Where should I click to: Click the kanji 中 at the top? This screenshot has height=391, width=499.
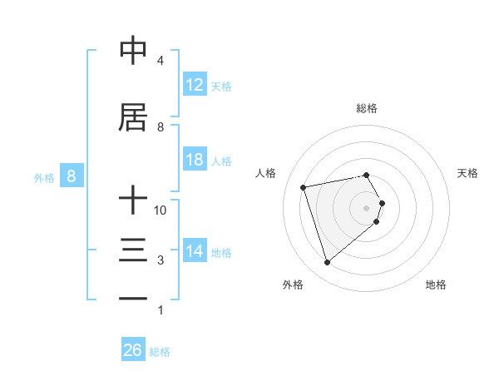(x=133, y=51)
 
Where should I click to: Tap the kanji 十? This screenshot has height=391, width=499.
(x=133, y=200)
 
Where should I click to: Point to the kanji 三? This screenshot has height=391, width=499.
(x=133, y=250)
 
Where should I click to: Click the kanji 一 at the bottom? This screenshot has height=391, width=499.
(x=133, y=299)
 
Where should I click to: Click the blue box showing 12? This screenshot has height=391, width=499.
(x=195, y=85)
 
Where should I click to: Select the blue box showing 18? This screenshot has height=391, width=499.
(x=195, y=160)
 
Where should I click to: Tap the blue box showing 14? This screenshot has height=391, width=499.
(x=195, y=251)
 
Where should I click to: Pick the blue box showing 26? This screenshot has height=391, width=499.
(x=133, y=350)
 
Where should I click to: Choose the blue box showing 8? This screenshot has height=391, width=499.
(x=72, y=176)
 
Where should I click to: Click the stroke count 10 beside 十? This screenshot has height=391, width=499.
(x=161, y=210)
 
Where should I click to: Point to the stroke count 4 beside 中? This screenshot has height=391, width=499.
(x=161, y=61)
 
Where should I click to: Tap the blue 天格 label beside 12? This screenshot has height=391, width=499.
(x=221, y=87)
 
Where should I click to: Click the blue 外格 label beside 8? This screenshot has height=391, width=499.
(x=44, y=177)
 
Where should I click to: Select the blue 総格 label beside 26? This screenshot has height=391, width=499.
(x=160, y=352)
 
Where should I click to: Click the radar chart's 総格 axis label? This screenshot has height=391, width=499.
(x=367, y=108)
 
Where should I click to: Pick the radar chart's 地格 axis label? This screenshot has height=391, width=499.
(x=436, y=285)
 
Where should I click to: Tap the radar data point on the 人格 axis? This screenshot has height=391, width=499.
(x=304, y=186)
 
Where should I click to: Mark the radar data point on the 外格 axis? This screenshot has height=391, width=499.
(x=327, y=263)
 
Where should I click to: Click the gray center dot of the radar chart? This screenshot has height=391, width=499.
(x=367, y=207)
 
